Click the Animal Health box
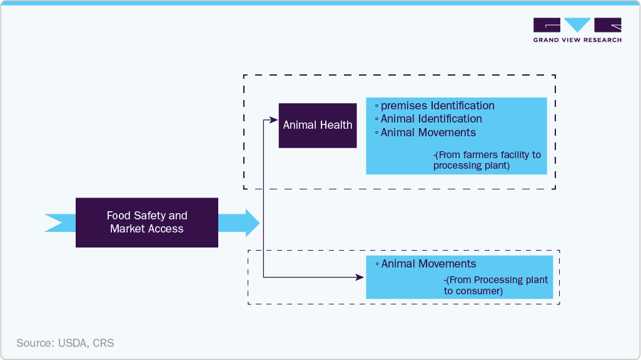click(x=317, y=125)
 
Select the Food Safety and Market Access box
click(x=147, y=222)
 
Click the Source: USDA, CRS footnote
click(x=65, y=343)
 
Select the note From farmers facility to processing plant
click(x=487, y=160)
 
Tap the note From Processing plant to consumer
click(x=495, y=286)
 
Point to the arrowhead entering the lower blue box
click(x=361, y=276)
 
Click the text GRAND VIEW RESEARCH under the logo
click(x=577, y=40)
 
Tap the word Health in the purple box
click(x=336, y=125)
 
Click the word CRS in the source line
click(x=104, y=343)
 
